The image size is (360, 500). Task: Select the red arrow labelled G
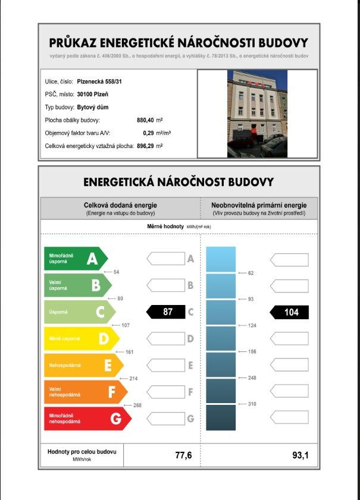point(86,419)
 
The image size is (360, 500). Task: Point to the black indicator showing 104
point(290,312)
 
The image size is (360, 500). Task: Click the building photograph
point(257,114)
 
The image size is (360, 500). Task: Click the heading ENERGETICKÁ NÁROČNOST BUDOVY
point(179,181)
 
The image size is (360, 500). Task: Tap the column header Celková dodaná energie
point(120,205)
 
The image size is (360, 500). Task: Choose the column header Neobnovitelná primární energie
point(259,205)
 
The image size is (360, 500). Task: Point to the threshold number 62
point(251,273)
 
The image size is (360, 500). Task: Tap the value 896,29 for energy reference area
point(149,146)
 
